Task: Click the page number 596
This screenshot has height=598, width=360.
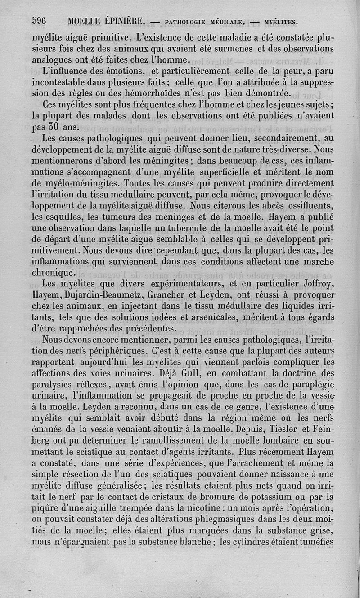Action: (x=40, y=20)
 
